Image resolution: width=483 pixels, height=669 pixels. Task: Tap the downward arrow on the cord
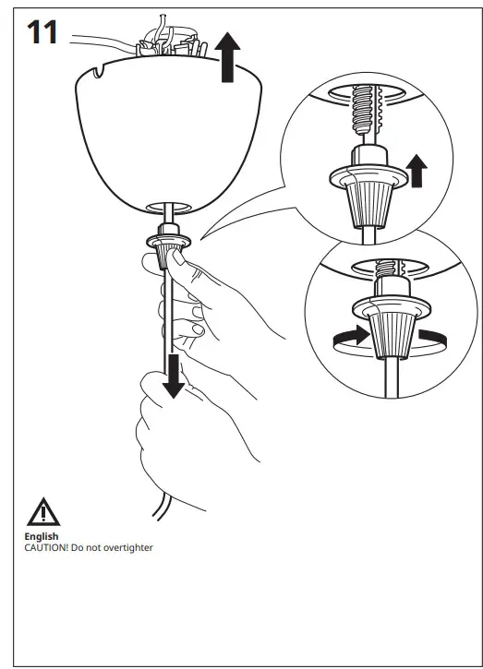pos(173,376)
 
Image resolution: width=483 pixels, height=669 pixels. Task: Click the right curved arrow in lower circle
pos(430,337)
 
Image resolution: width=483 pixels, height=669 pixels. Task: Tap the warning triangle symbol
pos(41,511)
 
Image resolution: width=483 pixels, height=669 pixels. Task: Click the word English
pos(42,536)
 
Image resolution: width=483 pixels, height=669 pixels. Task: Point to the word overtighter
pos(126,547)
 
